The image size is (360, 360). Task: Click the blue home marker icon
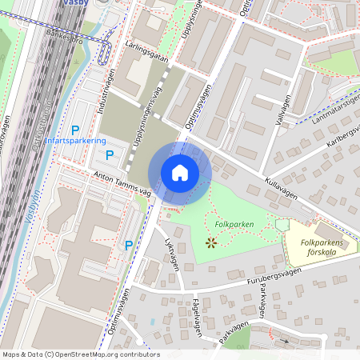coord(180,173)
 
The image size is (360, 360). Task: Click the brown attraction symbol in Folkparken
coord(211,241)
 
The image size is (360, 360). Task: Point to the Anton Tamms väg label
coord(122,184)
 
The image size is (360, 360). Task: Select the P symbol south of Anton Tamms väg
coord(128,246)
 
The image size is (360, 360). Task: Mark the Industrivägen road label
coord(106,93)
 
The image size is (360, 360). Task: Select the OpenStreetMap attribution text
coord(80,354)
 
